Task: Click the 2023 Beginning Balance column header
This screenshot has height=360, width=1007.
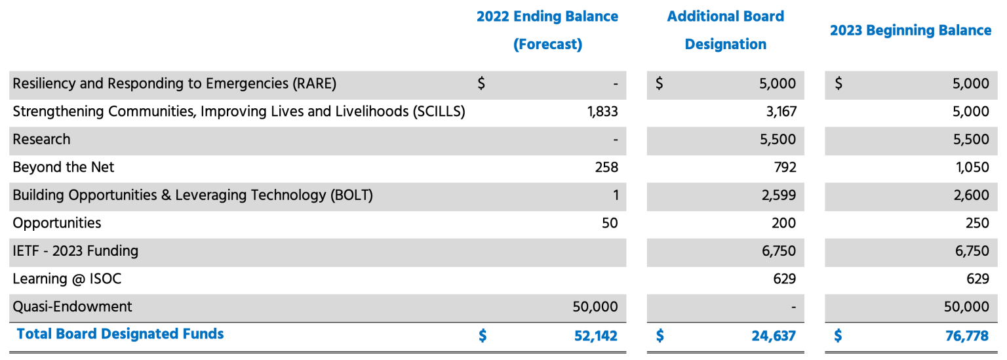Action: (x=910, y=30)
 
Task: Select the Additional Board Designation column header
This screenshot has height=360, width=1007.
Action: (x=725, y=30)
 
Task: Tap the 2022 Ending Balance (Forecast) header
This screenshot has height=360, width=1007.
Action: (x=547, y=30)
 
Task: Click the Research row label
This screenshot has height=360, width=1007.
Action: (x=41, y=139)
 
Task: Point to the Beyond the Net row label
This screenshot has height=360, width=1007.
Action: (x=64, y=167)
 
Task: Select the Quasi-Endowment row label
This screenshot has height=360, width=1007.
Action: (x=72, y=306)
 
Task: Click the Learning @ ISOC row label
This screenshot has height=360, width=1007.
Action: (x=67, y=279)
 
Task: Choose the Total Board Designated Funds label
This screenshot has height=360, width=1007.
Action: (x=120, y=334)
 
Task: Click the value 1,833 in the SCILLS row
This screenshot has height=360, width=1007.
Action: (x=602, y=111)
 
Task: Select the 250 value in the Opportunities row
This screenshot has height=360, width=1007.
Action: (x=977, y=223)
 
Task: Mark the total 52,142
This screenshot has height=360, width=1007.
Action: (x=595, y=336)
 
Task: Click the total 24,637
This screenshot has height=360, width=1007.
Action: (x=774, y=336)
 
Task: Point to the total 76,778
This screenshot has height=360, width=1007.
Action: (x=967, y=336)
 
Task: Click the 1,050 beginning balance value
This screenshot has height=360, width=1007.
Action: (x=973, y=167)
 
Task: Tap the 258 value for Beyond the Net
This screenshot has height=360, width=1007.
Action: (x=606, y=167)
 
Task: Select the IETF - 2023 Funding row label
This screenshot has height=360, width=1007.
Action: (x=75, y=250)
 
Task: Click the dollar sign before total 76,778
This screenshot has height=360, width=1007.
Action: (x=838, y=336)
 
